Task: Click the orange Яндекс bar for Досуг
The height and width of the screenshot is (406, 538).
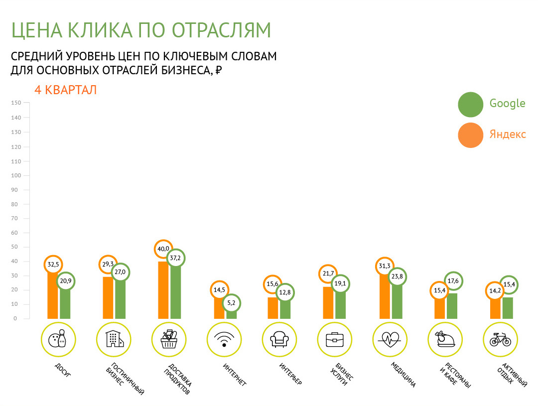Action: (x=52, y=295)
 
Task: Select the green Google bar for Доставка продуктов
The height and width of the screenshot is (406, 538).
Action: (x=176, y=292)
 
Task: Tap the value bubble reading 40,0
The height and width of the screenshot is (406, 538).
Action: (x=163, y=249)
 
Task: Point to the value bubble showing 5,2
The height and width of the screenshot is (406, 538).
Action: (x=231, y=303)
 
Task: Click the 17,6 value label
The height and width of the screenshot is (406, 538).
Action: (x=453, y=281)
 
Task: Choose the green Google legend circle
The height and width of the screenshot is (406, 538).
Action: (x=470, y=104)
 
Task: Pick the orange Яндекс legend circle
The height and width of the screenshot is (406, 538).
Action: (x=470, y=135)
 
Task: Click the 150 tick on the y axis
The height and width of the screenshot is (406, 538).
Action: (x=16, y=103)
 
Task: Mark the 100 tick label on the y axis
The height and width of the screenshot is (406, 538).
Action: (x=16, y=175)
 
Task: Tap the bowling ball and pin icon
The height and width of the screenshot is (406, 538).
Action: (x=58, y=339)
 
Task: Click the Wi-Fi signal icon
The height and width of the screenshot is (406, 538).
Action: (x=224, y=340)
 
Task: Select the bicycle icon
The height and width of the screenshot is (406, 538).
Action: (x=500, y=339)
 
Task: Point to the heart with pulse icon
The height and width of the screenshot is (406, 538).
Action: (x=390, y=340)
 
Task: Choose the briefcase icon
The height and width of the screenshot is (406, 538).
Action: (x=335, y=339)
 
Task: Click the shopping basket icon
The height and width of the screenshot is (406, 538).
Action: (x=169, y=339)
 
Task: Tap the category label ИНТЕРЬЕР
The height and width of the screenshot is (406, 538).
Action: (x=290, y=374)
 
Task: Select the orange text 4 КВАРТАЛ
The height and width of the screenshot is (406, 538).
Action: (x=66, y=90)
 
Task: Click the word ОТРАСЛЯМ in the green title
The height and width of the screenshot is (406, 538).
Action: (x=221, y=30)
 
